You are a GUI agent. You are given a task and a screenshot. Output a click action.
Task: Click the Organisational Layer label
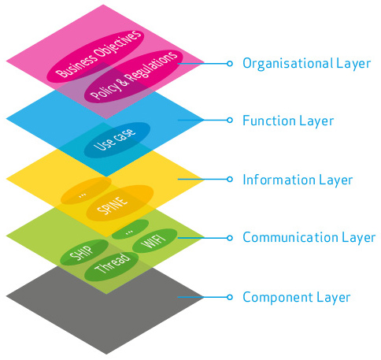point(306,64)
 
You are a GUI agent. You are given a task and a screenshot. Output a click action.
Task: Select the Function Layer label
point(288,121)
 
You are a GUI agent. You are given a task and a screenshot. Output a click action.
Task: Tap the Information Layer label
point(298,180)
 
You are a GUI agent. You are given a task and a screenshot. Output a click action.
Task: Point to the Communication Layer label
point(309,237)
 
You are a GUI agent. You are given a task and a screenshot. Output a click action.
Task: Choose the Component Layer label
point(297,297)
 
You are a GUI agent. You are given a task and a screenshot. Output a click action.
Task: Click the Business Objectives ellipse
point(95,56)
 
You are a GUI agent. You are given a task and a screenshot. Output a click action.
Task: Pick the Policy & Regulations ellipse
point(134,76)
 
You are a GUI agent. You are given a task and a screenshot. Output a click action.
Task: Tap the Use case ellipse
point(117,140)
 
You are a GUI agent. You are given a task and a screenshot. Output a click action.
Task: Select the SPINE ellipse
point(120,203)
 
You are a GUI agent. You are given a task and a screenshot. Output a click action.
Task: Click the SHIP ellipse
point(84,253)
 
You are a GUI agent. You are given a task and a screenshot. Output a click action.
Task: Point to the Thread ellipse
point(112,266)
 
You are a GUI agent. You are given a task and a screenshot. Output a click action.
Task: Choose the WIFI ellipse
point(155,241)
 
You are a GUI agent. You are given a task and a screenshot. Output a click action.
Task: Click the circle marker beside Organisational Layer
point(230,64)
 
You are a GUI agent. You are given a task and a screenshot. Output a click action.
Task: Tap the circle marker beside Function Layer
point(230,121)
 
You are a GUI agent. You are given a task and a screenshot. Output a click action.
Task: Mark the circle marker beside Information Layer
point(230,179)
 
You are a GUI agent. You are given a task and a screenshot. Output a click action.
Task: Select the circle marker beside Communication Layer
point(230,238)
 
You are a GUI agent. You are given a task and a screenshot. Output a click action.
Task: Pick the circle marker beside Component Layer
point(230,297)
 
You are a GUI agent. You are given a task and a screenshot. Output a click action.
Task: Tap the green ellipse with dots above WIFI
point(130,229)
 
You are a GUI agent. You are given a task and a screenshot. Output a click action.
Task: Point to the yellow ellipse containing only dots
point(86,191)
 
